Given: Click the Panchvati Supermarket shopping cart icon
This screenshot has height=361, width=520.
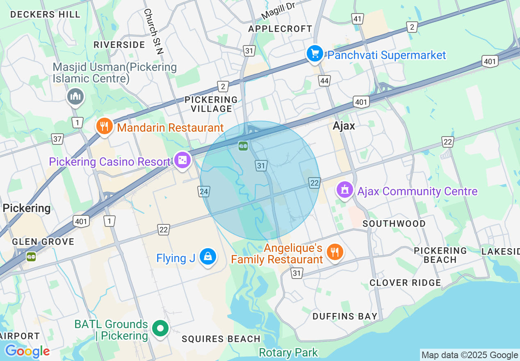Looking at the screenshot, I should tap(315, 54).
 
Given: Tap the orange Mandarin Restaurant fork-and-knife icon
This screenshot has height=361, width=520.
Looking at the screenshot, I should tap(104, 126).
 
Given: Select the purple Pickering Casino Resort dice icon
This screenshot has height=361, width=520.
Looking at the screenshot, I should tap(182, 160).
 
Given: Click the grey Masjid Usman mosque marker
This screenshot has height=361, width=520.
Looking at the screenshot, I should tap(75, 97).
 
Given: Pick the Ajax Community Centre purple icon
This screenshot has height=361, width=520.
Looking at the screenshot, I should tap(344, 190).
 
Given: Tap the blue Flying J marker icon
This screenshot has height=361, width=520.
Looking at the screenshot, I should tap(208, 257).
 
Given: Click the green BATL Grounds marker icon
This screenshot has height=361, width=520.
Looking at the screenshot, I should tap(160, 328).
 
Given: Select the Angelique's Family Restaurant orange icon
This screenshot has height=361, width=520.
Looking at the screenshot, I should tap(335, 252).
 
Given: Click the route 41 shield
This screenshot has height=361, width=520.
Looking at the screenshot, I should tap(358, 18).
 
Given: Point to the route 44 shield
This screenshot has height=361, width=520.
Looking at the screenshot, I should tap(324, 81).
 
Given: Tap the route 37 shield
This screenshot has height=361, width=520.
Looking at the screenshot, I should tap(57, 139).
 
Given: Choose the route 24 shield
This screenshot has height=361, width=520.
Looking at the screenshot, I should tap(204, 191).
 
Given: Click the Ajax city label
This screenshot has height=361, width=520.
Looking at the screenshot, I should tap(344, 126).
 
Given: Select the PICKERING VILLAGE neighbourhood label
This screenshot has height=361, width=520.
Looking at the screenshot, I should tap(211, 104).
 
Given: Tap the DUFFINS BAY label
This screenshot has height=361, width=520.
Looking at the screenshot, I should tap(345, 316).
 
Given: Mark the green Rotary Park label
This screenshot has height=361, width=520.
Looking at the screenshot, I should tap(288, 352).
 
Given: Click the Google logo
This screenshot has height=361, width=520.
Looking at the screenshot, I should tap(27, 351).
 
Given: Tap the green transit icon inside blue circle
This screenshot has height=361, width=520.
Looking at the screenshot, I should tap(243, 146).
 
